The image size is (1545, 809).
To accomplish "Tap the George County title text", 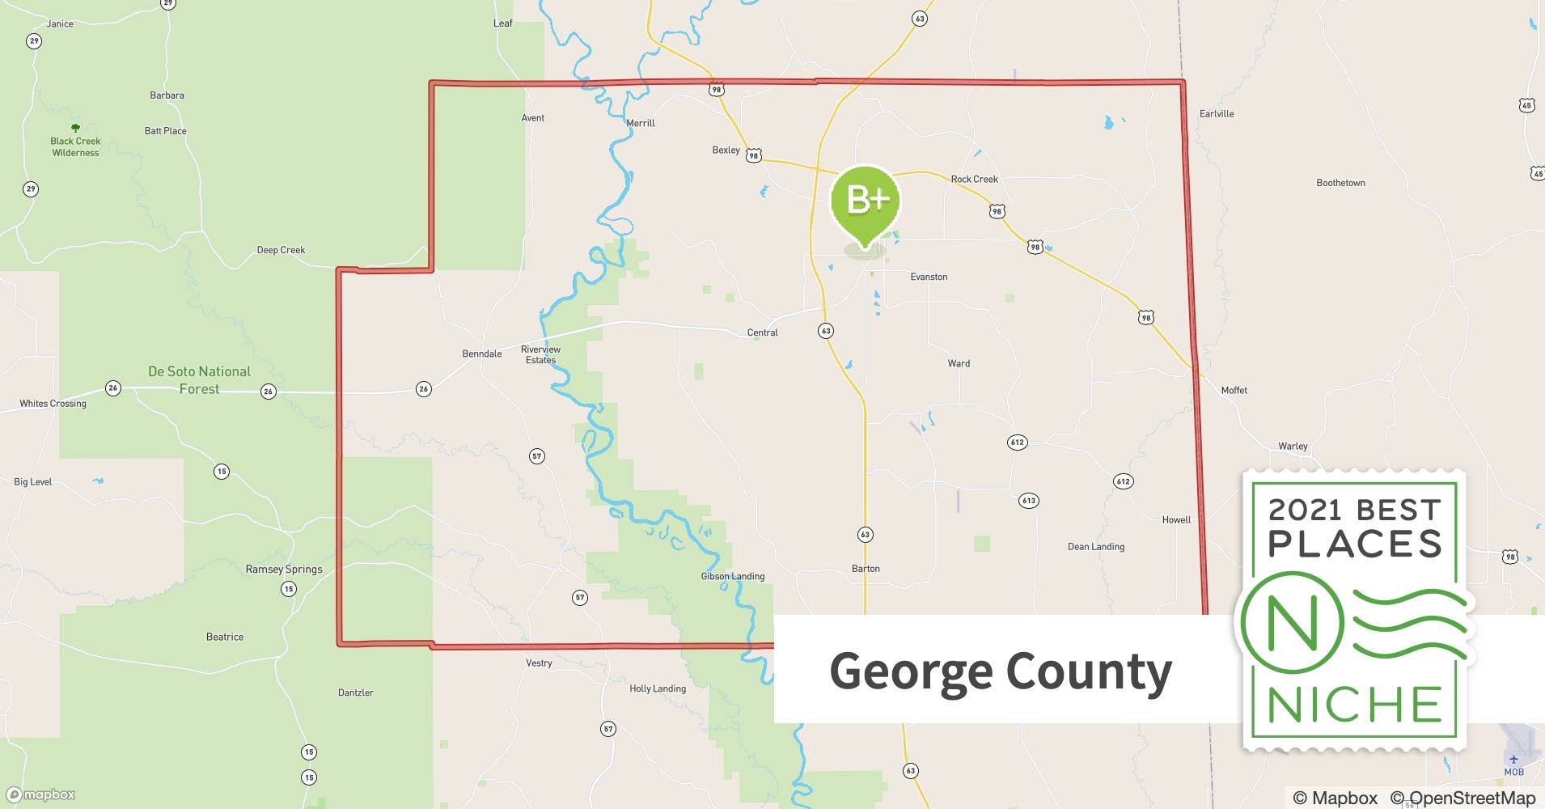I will point(1001,671).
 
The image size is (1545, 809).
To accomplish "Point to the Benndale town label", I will point(482,354).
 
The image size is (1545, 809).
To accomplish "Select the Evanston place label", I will point(929,277).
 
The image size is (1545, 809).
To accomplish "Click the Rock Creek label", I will point(974,179).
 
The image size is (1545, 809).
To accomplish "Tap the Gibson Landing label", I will point(732,576).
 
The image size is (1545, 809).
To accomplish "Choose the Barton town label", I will point(866,568).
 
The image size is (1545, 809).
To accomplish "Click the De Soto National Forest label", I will point(199,380).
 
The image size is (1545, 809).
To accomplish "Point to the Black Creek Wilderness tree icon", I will point(75,128).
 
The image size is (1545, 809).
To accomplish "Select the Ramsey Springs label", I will point(284,569).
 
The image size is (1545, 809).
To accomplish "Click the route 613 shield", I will point(1028,501).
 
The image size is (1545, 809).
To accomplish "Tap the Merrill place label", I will point(641,123).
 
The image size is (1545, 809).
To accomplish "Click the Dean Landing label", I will point(1096,546).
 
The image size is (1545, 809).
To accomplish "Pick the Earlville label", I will point(1217,113).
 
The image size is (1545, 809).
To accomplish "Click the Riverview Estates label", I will point(540,354).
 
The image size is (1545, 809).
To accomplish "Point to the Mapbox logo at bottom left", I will point(40,794).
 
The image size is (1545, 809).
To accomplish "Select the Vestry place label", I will point(539,663).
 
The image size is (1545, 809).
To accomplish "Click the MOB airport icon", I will point(1513,760).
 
